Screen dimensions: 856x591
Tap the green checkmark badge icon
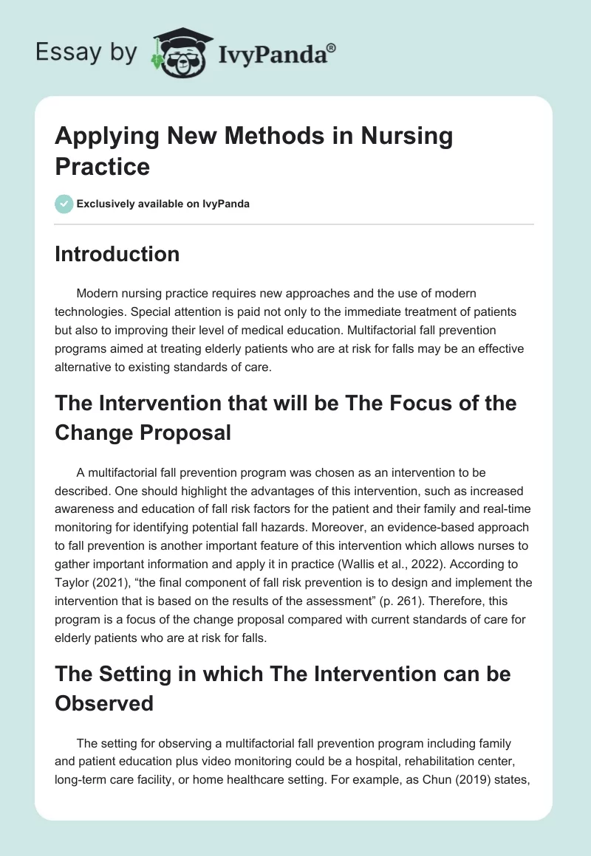tap(64, 204)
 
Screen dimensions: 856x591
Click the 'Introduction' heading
tap(117, 254)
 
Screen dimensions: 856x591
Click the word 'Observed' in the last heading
tap(104, 703)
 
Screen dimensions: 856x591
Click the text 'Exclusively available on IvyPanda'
tap(163, 204)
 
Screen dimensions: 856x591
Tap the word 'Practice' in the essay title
tap(102, 166)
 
